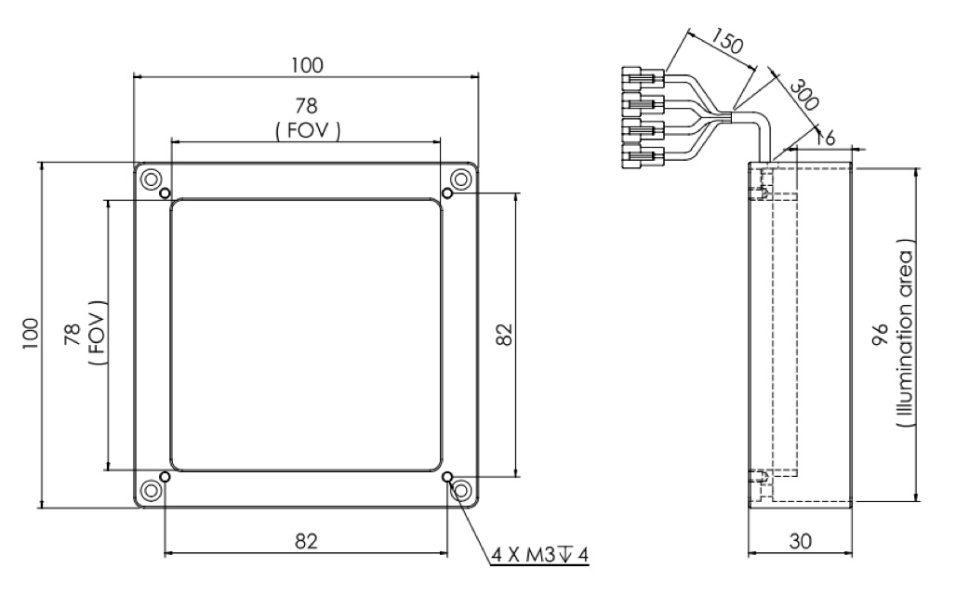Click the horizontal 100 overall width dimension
pyautogui.click(x=306, y=65)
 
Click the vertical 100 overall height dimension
pyautogui.click(x=32, y=334)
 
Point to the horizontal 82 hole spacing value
pyautogui.click(x=307, y=541)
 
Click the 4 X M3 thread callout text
pyautogui.click(x=540, y=555)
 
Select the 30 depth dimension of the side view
pyautogui.click(x=800, y=542)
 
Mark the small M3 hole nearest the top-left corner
pyautogui.click(x=165, y=193)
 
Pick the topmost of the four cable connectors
pyautogui.click(x=643, y=75)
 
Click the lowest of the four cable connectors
pyautogui.click(x=643, y=154)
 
